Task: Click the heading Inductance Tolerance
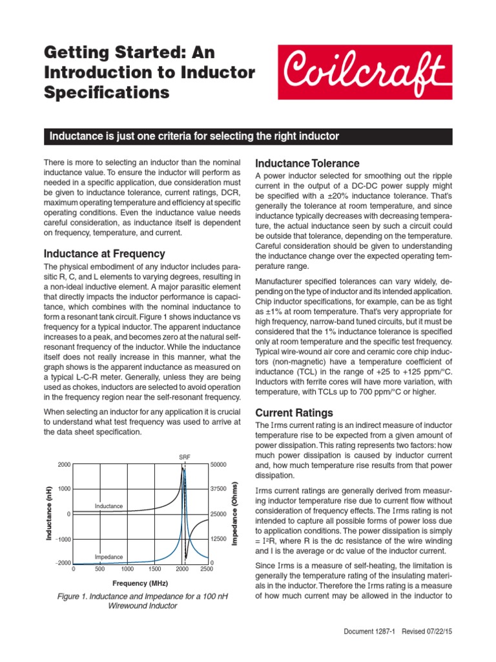307,163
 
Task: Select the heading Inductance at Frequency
104,253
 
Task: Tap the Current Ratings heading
294,412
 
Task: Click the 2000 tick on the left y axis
63,465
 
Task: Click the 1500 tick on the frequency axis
154,569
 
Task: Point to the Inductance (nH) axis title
48,514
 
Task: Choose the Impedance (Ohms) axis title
236,514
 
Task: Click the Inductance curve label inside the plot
108,506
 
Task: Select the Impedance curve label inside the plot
108,557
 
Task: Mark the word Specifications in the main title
107,92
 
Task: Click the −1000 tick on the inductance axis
62,539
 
